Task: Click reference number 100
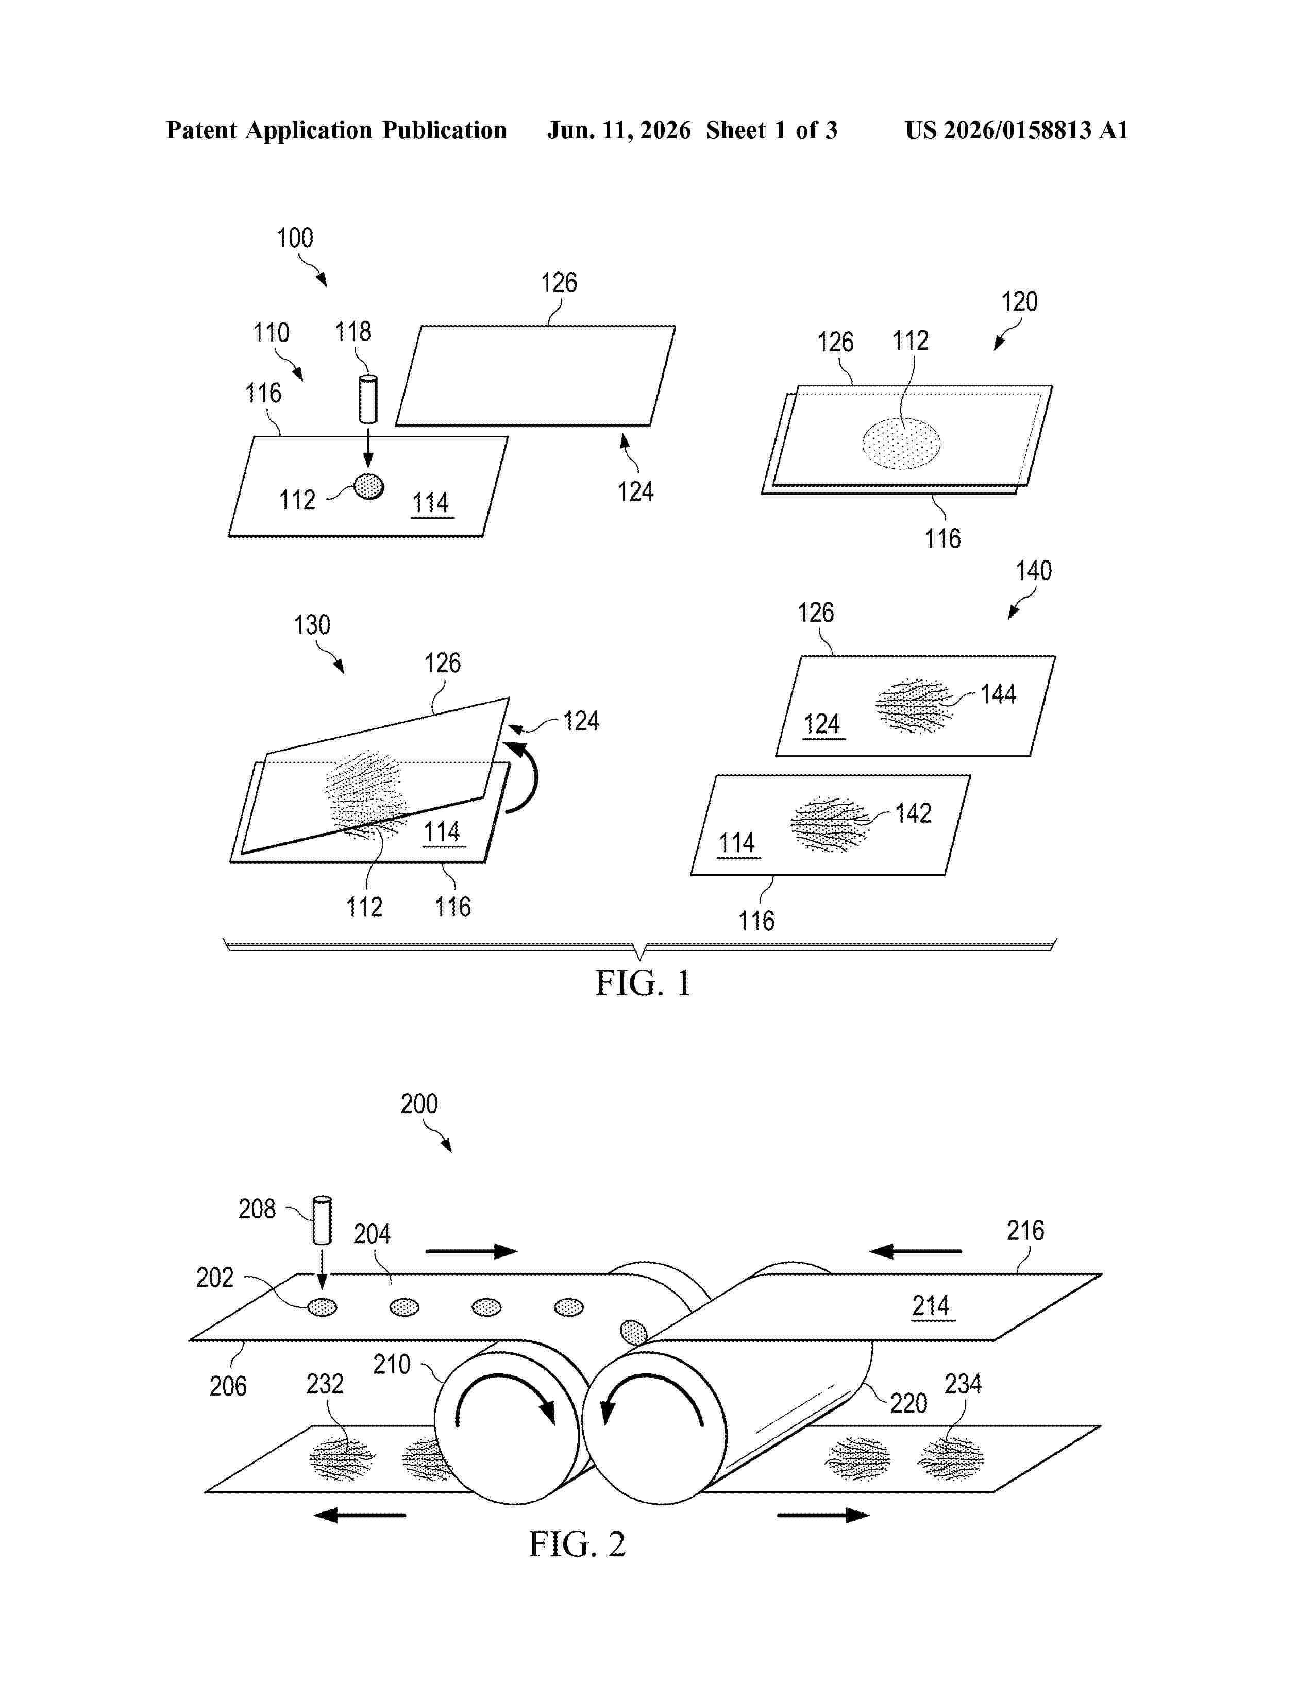click(295, 238)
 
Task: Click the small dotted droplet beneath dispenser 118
click(369, 486)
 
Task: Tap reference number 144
click(998, 694)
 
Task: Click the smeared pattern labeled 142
click(830, 824)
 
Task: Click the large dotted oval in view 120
click(901, 443)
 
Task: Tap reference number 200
click(419, 1104)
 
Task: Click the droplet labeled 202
click(322, 1307)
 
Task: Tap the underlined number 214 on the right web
click(931, 1305)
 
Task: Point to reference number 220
click(908, 1403)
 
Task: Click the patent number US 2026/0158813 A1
click(1017, 130)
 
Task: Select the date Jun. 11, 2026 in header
click(619, 130)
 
